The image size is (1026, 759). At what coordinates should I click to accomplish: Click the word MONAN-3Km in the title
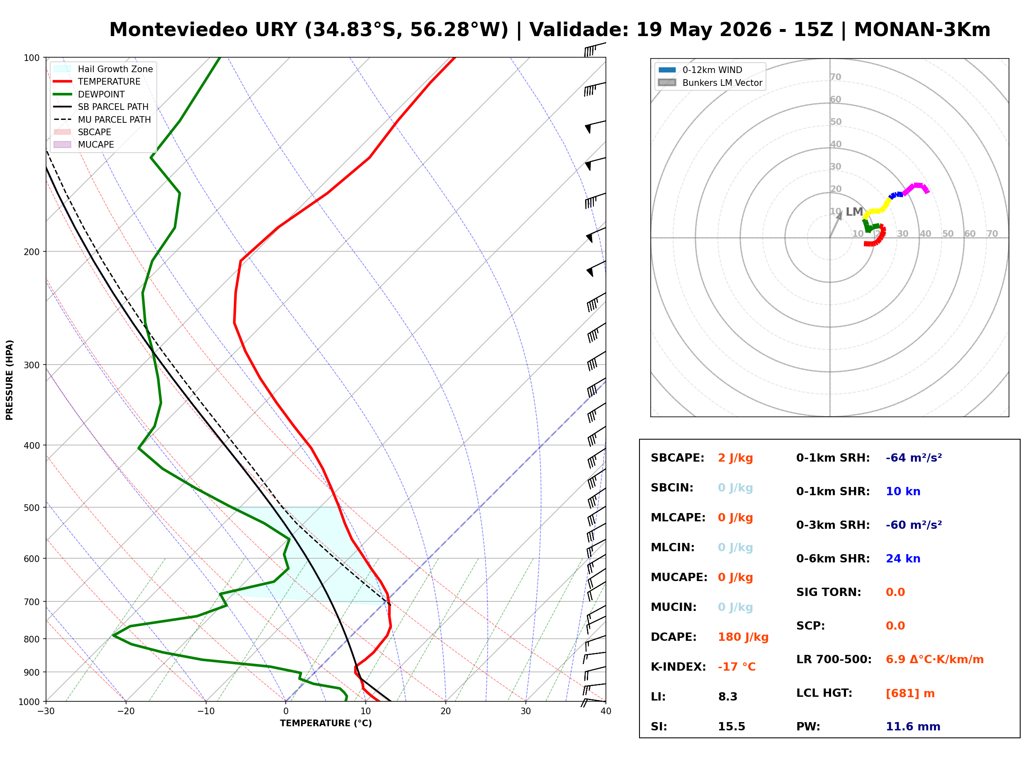[x=922, y=30]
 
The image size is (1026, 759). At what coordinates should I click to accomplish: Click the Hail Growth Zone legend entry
[x=103, y=69]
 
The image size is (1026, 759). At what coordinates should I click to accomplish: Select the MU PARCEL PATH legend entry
[x=102, y=119]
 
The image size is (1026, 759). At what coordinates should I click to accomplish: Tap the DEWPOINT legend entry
[x=89, y=94]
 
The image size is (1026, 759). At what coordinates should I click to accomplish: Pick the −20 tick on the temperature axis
[x=126, y=711]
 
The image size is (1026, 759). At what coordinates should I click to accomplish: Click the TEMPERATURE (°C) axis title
[x=326, y=724]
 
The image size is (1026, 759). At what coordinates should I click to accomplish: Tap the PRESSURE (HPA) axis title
[x=10, y=380]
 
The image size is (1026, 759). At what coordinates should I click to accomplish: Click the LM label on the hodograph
[x=854, y=212]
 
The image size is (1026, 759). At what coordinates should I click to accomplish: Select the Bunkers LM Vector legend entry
[x=710, y=83]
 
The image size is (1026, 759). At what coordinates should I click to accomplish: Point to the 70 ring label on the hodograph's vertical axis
[x=835, y=77]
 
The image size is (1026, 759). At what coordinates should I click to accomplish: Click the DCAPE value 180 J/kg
[x=743, y=637]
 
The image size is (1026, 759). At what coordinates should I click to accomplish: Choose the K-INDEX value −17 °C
[x=737, y=667]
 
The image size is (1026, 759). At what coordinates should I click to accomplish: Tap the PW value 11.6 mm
[x=913, y=727]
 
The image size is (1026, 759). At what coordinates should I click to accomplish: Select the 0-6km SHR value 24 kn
[x=903, y=559]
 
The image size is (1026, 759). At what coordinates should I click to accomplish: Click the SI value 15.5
[x=732, y=727]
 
